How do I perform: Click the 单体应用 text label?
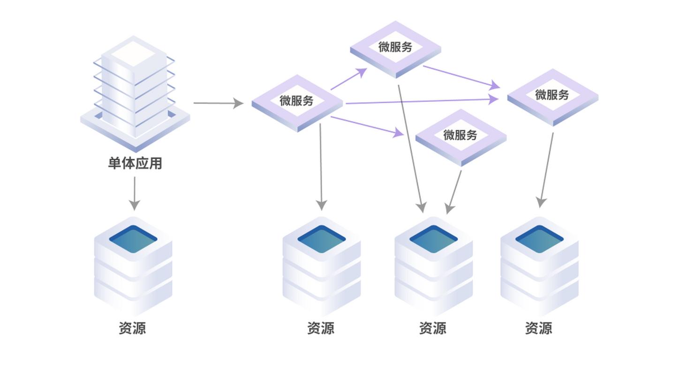pyautogui.click(x=135, y=163)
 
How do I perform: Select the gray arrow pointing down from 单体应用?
pyautogui.click(x=135, y=193)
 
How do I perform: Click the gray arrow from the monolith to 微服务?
pyautogui.click(x=218, y=103)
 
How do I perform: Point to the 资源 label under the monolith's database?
pyautogui.click(x=132, y=328)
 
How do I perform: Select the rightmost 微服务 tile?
pyautogui.click(x=552, y=97)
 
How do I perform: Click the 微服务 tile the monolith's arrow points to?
pyautogui.click(x=297, y=102)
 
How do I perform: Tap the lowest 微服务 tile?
pyautogui.click(x=460, y=137)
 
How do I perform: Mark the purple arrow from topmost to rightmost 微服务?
pyautogui.click(x=461, y=77)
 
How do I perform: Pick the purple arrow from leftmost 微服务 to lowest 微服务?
pyautogui.click(x=367, y=126)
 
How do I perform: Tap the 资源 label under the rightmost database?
pyautogui.click(x=538, y=328)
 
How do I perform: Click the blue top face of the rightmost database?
pyautogui.click(x=539, y=239)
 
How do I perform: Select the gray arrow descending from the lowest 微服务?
pyautogui.click(x=454, y=191)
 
